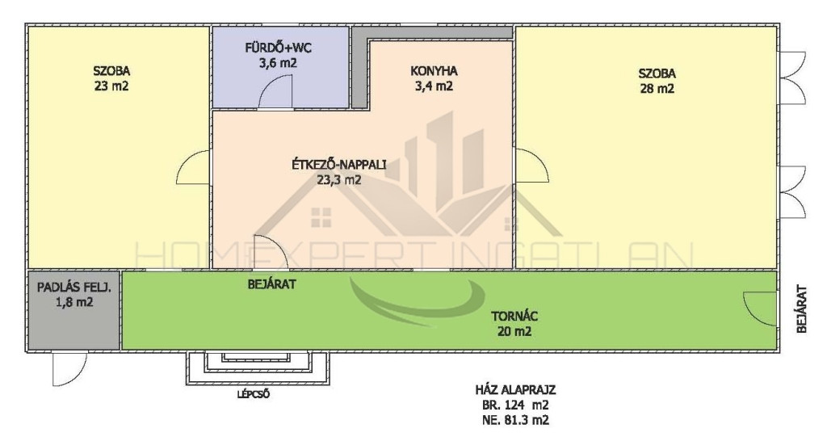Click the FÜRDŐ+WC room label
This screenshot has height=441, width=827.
(x=278, y=48)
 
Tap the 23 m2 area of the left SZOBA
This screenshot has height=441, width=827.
(x=111, y=86)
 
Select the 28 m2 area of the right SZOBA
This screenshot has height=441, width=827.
(x=657, y=88)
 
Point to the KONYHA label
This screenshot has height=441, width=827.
(x=434, y=71)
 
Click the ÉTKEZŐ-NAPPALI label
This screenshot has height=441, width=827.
(x=338, y=165)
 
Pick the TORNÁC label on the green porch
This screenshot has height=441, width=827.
(x=514, y=317)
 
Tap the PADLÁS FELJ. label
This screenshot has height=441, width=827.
(x=73, y=288)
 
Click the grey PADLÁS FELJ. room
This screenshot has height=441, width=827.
(x=73, y=310)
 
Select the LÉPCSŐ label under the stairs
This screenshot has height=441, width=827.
(x=253, y=393)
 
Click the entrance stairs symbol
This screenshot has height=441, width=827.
(x=257, y=367)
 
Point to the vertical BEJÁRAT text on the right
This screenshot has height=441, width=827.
(x=802, y=309)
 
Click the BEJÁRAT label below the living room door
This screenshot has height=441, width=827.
(x=271, y=284)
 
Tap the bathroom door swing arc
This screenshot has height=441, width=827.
(x=275, y=90)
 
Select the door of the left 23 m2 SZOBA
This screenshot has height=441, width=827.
(x=193, y=166)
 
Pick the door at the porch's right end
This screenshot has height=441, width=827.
(x=760, y=309)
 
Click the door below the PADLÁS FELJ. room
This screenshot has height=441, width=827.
(x=69, y=369)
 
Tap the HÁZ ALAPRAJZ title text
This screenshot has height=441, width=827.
(x=515, y=390)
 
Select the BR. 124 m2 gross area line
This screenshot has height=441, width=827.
(x=515, y=405)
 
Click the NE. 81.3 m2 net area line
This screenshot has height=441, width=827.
(x=515, y=420)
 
